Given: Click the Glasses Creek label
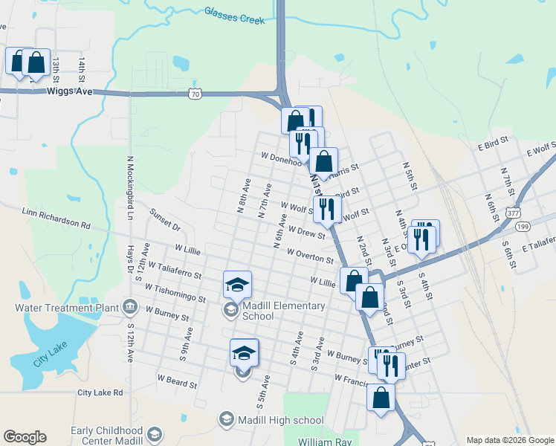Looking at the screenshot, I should point(234,16).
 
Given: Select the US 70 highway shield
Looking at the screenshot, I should point(194,94).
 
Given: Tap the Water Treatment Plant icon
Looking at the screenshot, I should point(129,306).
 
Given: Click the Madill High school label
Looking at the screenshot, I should point(281,420).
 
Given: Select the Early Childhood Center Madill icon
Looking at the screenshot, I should point(155,433).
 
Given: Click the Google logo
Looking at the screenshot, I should point(25,437).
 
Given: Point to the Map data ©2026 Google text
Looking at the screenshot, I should point(510,440).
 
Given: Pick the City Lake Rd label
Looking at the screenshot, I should point(100,392).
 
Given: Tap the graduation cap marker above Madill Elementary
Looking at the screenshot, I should point(237,285).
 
